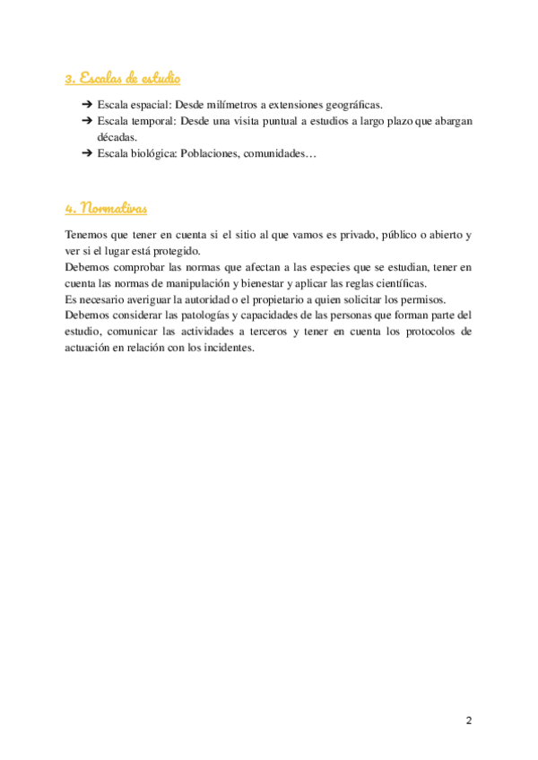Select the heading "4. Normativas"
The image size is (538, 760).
point(106,208)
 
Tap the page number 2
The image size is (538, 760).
point(468,721)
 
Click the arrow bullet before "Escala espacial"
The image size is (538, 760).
point(87,105)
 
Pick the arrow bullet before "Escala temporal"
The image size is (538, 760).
point(87,121)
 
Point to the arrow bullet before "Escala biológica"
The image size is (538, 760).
point(87,154)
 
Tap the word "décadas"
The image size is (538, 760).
point(117,137)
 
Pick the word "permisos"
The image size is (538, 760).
point(422,299)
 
